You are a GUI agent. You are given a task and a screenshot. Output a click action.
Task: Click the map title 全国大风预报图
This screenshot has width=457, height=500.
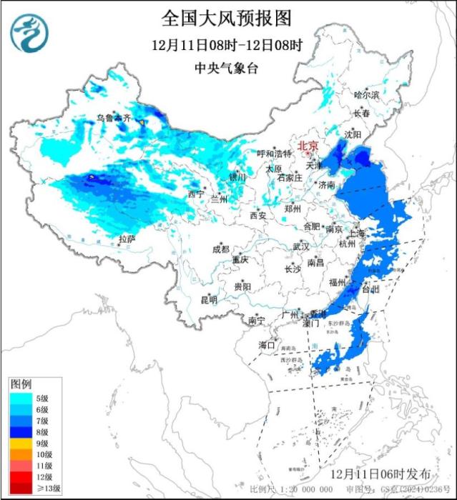click(x=227, y=18)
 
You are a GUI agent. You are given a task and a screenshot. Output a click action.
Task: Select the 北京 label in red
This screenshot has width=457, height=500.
click(x=309, y=144)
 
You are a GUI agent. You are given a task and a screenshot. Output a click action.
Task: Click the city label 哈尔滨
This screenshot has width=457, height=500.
click(x=367, y=94)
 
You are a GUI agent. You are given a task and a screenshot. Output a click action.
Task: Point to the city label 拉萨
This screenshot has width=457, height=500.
click(x=127, y=239)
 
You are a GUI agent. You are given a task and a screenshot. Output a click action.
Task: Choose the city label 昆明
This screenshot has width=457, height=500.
click(x=208, y=299)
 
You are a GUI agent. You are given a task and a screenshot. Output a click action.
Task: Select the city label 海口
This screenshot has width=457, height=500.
click(x=267, y=346)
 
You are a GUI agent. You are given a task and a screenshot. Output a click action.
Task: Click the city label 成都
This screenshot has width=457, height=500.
click(x=220, y=249)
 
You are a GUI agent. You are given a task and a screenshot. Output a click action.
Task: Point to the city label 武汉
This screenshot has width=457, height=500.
click(x=300, y=246)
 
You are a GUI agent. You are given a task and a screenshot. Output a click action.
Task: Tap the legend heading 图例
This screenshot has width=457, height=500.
click(x=21, y=384)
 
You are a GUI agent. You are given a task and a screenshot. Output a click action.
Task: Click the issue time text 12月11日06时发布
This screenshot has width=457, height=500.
click(x=382, y=474)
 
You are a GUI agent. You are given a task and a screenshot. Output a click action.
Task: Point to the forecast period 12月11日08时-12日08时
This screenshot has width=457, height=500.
click(x=227, y=44)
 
